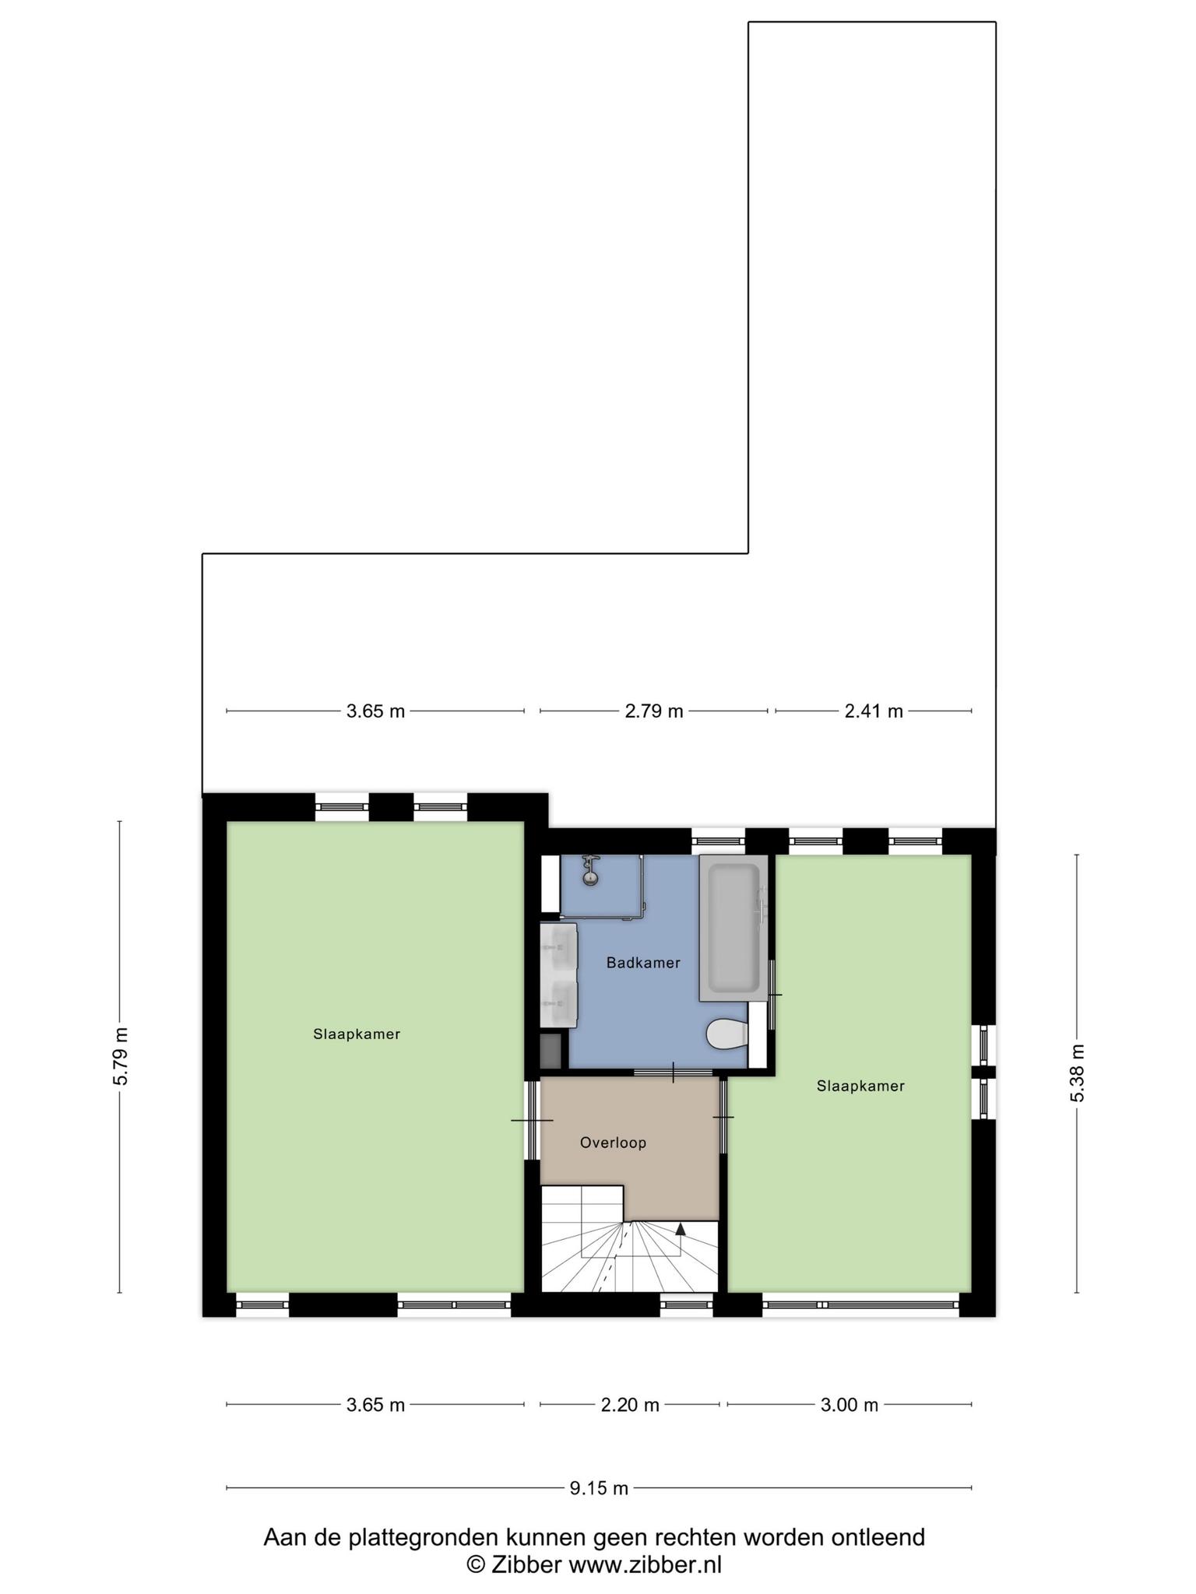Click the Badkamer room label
coord(643,963)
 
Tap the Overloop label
coord(613,1143)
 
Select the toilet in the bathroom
coord(726,1034)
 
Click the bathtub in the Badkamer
coord(733,927)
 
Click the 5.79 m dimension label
coord(120,1056)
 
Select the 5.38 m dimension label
coord(1078,1073)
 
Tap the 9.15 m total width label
coord(599,1488)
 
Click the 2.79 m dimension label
coord(654,711)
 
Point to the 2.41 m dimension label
coord(874,711)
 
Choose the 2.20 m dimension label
coord(630,1405)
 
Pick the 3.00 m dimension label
coord(850,1405)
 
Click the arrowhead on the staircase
coord(681,1229)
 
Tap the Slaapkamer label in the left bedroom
coord(357,1034)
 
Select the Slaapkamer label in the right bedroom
coord(860,1086)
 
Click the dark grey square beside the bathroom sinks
coord(551,1051)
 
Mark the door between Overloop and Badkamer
coord(673,1073)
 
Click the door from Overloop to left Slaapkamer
coord(532,1120)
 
